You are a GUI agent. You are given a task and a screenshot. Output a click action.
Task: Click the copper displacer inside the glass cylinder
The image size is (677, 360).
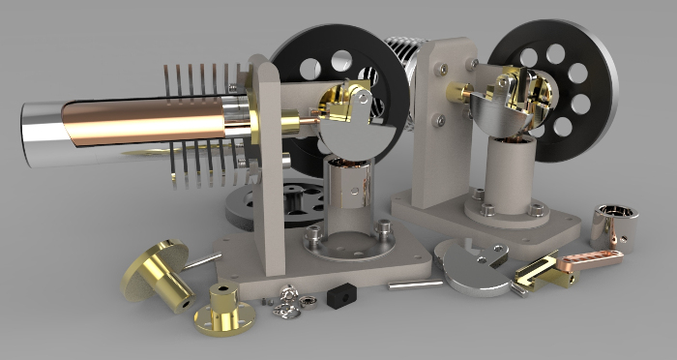click(145, 125)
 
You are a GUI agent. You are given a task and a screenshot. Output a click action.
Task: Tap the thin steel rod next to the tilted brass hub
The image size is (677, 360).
click(203, 260)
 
